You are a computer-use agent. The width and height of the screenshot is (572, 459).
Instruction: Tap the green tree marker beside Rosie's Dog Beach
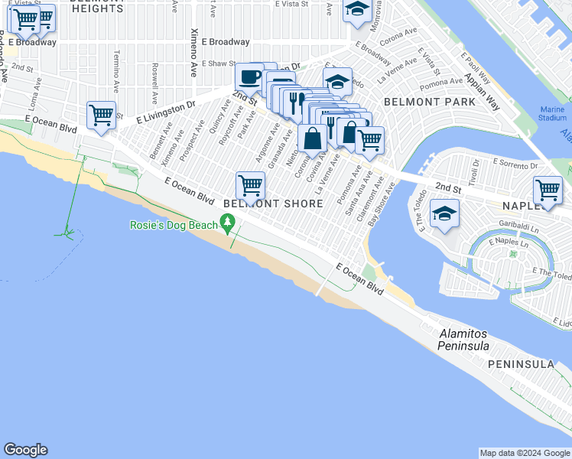click(x=226, y=223)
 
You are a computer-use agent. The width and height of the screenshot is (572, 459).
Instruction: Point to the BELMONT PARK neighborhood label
click(x=419, y=101)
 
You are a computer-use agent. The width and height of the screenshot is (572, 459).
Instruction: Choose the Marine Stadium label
click(x=553, y=114)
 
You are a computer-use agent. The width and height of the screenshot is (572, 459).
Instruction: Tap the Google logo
click(x=25, y=450)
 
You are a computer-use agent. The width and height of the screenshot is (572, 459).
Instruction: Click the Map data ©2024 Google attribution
click(x=524, y=453)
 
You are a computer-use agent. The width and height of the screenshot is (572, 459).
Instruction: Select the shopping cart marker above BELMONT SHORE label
click(x=251, y=185)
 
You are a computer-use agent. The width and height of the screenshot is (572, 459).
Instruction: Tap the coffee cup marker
click(x=249, y=76)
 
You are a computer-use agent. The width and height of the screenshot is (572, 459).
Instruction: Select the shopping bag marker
click(x=312, y=139)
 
